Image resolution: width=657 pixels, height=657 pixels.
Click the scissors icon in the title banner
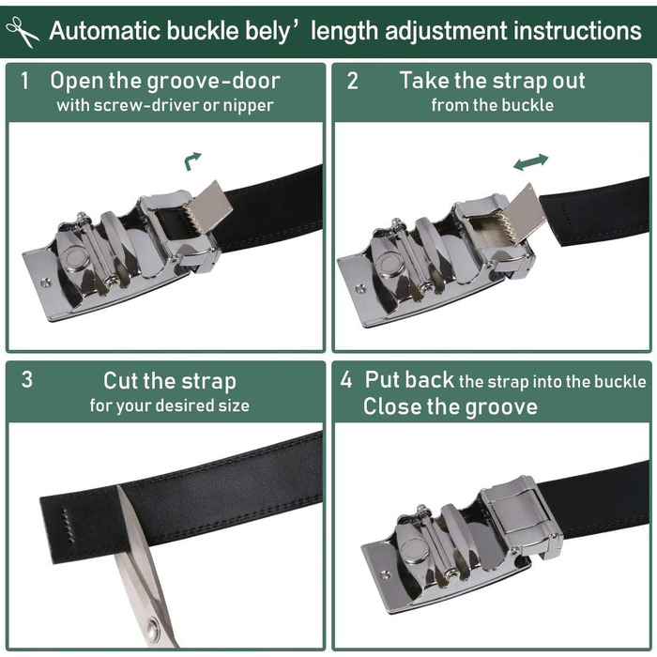(x=23, y=32)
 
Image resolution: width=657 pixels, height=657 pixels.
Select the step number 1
(x=25, y=81)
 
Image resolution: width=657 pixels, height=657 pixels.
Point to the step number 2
(x=352, y=81)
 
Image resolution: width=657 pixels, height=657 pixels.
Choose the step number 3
(x=27, y=379)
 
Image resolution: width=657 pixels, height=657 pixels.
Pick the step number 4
(x=346, y=379)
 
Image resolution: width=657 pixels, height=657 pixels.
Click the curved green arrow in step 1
(x=192, y=160)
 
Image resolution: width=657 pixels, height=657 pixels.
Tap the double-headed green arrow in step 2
(x=531, y=162)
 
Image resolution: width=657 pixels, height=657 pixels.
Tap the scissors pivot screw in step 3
(x=151, y=631)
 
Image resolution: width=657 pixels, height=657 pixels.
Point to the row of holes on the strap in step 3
(x=68, y=526)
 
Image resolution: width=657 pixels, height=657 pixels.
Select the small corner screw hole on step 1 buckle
(x=45, y=283)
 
